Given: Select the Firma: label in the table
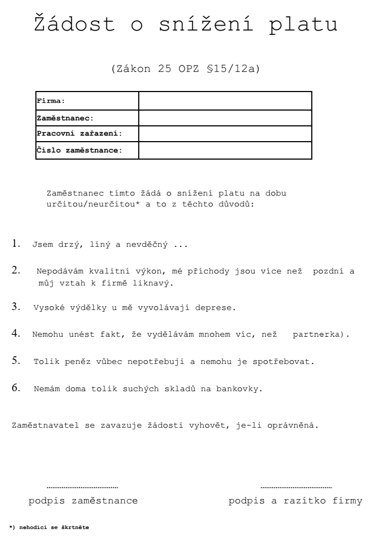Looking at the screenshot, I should click(x=51, y=101).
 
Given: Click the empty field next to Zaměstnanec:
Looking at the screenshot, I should click(x=225, y=118).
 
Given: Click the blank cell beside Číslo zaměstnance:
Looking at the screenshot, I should click(x=225, y=150).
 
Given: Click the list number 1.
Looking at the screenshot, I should click(x=16, y=245).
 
